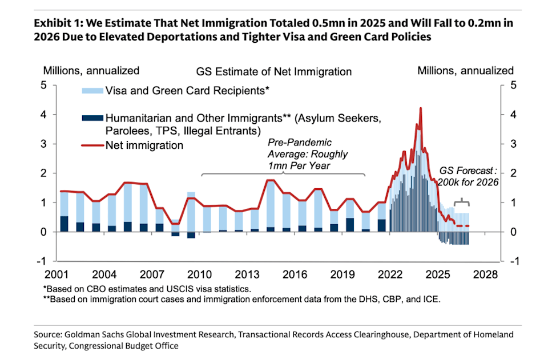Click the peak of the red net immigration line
coord(421,108)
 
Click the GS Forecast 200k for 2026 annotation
coord(468,177)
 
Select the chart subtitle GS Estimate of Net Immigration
coord(274,72)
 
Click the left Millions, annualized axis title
coord(91,71)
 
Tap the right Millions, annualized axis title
coord(465,71)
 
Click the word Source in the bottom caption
coord(49,335)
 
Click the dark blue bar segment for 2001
coord(64,224)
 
